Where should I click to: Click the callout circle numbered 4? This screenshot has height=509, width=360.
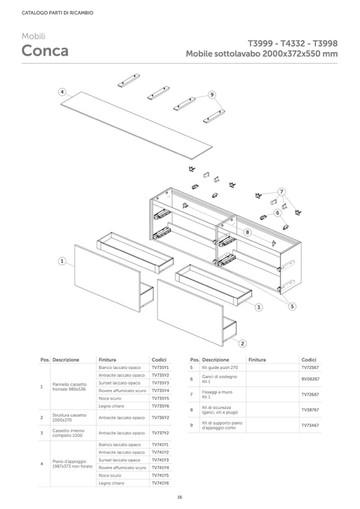(62, 91)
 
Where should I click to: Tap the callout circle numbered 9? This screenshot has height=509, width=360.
(212, 94)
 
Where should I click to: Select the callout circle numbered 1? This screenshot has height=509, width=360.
(62, 261)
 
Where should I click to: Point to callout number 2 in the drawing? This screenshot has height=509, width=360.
(243, 343)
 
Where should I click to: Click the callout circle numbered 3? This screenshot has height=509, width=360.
(259, 307)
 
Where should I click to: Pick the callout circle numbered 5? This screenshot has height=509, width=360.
(292, 306)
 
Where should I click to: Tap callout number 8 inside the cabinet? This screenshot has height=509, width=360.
(247, 232)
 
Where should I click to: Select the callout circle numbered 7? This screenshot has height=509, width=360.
(282, 191)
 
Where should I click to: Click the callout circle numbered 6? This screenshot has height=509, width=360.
(277, 212)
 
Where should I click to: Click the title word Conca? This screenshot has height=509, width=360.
(45, 51)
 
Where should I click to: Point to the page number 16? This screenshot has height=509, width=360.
(179, 497)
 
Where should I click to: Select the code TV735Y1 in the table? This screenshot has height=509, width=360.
(160, 367)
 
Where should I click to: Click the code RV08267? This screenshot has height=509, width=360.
(310, 379)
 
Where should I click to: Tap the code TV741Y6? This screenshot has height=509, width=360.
(160, 483)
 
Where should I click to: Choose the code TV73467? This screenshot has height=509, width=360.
(310, 425)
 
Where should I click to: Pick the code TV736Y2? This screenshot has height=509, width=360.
(160, 418)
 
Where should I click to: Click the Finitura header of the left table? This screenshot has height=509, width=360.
(107, 359)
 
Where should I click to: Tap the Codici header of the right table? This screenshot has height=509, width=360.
(308, 359)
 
